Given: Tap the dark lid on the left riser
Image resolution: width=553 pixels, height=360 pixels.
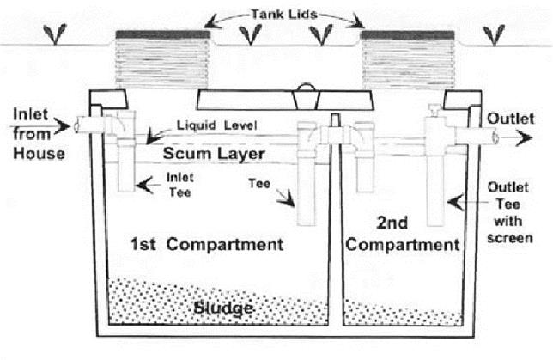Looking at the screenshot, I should (162, 34).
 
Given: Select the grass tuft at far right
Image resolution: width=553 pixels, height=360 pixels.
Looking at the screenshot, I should (494, 34).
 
